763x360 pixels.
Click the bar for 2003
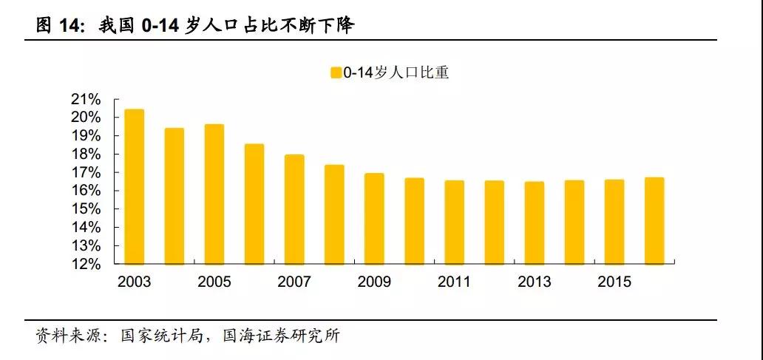click(134, 186)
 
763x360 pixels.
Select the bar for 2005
click(214, 194)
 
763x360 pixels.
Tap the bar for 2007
click(294, 209)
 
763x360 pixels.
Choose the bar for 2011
click(454, 222)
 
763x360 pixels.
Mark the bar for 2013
click(535, 223)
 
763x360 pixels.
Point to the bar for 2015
click(614, 222)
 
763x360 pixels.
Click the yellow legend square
click(336, 73)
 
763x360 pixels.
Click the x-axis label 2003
click(134, 282)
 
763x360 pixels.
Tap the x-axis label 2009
click(374, 282)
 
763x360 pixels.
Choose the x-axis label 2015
click(614, 282)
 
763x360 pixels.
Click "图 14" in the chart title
click(58, 27)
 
